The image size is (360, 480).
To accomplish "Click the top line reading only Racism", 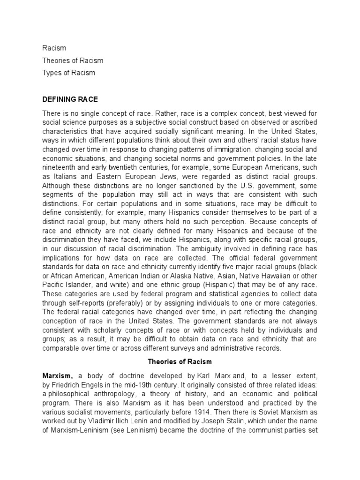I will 54,48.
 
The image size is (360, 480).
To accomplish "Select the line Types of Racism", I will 68,73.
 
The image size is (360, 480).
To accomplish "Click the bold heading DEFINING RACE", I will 70,99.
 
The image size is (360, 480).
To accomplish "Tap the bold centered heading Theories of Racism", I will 180,362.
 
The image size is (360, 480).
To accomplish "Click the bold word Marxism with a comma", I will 58,376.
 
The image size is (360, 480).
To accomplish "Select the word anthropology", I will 118,394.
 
